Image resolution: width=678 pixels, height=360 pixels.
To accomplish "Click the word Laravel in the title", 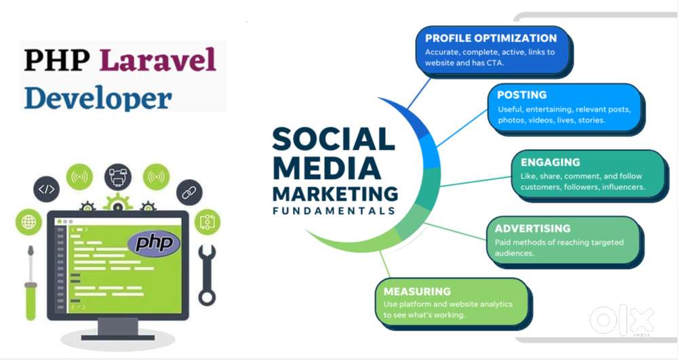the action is coord(158,60).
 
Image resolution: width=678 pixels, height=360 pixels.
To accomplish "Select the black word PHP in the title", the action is coord(57,60).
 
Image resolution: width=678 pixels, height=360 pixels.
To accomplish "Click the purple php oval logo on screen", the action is coord(154,244).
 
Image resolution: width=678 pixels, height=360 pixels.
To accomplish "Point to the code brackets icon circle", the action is coord(47,189).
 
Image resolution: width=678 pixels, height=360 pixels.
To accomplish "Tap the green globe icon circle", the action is coord(28,222).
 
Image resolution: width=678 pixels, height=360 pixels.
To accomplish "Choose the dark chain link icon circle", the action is coord(189,193).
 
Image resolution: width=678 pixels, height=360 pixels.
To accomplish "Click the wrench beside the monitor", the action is coord(207,275).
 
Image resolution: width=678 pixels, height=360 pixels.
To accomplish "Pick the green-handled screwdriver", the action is coord(31,283).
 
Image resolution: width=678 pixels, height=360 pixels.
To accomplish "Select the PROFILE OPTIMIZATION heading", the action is coord(491,38).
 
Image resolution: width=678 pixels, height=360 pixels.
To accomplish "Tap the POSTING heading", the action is coord(521,95).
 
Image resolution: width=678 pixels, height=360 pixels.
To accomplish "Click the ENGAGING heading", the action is coord(550,163).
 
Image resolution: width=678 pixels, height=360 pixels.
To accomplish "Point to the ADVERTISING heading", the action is coord(533,228).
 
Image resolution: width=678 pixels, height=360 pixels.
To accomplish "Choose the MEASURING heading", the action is coord(417,292).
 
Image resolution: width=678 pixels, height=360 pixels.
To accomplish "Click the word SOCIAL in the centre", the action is coord(334,139).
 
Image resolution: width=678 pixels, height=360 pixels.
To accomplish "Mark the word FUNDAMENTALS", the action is coord(334,212).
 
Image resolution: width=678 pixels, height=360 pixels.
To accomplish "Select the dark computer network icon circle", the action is coord(117,177).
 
